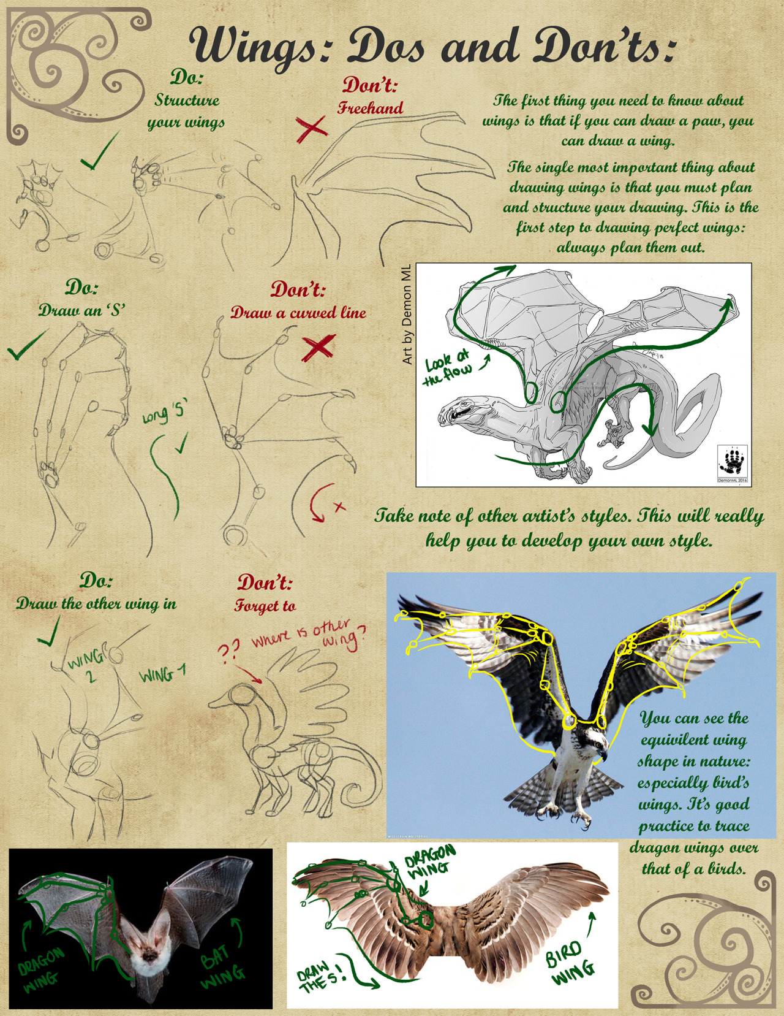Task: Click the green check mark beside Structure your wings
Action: coord(100,151)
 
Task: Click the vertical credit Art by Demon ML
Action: coord(407,314)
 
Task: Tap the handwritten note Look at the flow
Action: coord(450,367)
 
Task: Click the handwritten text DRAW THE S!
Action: coord(322,976)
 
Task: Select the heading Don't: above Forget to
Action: coord(265,582)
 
